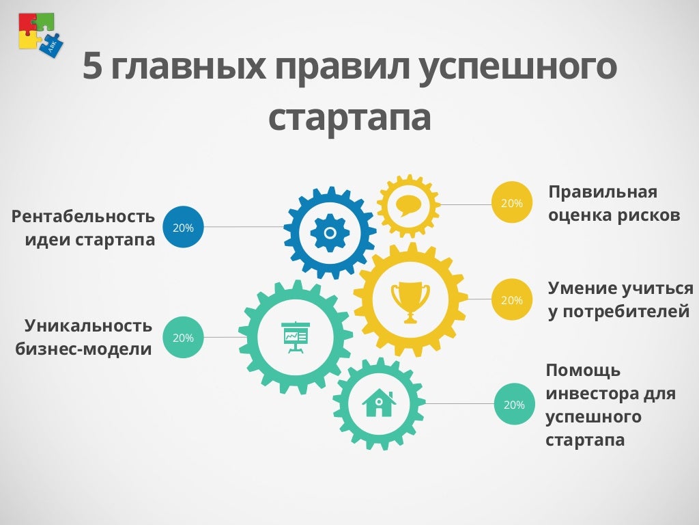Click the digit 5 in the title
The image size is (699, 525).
pyautogui.click(x=92, y=66)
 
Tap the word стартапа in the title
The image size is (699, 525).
pyautogui.click(x=349, y=118)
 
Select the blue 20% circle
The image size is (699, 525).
pyautogui.click(x=183, y=227)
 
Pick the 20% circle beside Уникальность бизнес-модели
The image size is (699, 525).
pyautogui.click(x=183, y=338)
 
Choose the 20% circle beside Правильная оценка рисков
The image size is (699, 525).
pyautogui.click(x=512, y=202)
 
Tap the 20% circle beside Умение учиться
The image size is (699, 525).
pyautogui.click(x=512, y=299)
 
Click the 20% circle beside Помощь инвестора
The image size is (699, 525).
pyautogui.click(x=515, y=404)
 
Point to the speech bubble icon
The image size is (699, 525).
pyautogui.click(x=408, y=205)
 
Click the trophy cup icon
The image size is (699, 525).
pyautogui.click(x=410, y=302)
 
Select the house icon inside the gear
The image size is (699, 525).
pyautogui.click(x=379, y=403)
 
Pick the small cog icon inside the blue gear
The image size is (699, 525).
pyautogui.click(x=330, y=232)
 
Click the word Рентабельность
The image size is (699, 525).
pyautogui.click(x=83, y=217)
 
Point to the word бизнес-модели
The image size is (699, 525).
pyautogui.click(x=83, y=349)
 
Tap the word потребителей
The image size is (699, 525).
pyautogui.click(x=627, y=311)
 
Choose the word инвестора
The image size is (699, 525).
pyautogui.click(x=592, y=394)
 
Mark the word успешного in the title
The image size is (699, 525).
pyautogui.click(x=518, y=68)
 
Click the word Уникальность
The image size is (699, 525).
pyautogui.click(x=88, y=325)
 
